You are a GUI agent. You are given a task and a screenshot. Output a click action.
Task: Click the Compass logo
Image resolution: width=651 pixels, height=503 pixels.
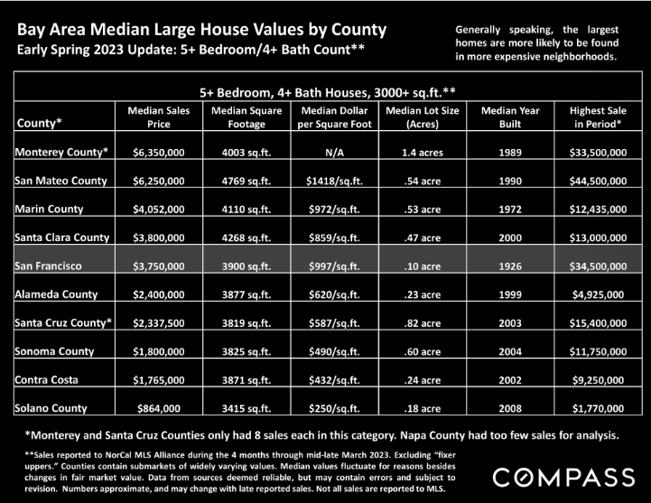click(563, 477)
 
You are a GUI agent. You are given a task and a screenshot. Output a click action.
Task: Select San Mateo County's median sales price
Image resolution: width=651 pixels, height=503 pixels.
click(159, 181)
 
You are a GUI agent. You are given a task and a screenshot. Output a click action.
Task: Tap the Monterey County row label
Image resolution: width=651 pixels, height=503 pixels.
click(61, 152)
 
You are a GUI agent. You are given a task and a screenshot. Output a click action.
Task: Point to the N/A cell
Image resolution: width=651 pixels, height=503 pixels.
click(334, 153)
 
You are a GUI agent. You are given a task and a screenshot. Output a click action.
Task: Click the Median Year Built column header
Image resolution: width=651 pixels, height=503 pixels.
click(510, 117)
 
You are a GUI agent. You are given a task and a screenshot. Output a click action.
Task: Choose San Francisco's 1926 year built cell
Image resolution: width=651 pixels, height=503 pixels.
click(510, 265)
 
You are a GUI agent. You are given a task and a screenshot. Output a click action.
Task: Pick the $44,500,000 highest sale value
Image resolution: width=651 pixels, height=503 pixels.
click(598, 181)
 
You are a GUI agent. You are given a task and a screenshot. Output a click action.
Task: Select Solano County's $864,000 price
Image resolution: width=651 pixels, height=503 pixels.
click(159, 408)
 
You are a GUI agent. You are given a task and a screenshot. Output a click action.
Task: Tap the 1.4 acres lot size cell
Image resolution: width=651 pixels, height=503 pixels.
click(423, 153)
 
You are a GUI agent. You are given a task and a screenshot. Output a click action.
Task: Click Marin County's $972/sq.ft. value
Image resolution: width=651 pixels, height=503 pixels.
click(334, 210)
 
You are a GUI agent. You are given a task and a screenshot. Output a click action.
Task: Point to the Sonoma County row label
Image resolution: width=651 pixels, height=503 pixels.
click(54, 351)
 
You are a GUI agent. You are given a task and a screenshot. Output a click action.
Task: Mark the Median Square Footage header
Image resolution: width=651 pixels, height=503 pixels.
click(246, 117)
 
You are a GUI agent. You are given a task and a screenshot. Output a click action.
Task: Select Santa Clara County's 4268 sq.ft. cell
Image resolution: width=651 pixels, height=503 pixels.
click(246, 238)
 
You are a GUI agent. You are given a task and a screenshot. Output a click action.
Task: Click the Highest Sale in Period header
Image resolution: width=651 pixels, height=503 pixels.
click(598, 117)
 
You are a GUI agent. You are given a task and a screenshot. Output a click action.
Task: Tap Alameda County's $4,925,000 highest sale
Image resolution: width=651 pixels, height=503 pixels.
click(598, 294)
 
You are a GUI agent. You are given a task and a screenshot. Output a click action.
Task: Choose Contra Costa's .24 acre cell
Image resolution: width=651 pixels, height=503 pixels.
click(423, 380)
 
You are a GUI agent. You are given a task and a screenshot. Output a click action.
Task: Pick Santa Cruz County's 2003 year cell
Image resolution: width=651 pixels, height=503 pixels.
click(510, 323)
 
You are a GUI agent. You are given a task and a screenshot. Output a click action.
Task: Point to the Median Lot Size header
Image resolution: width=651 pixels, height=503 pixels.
click(423, 117)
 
